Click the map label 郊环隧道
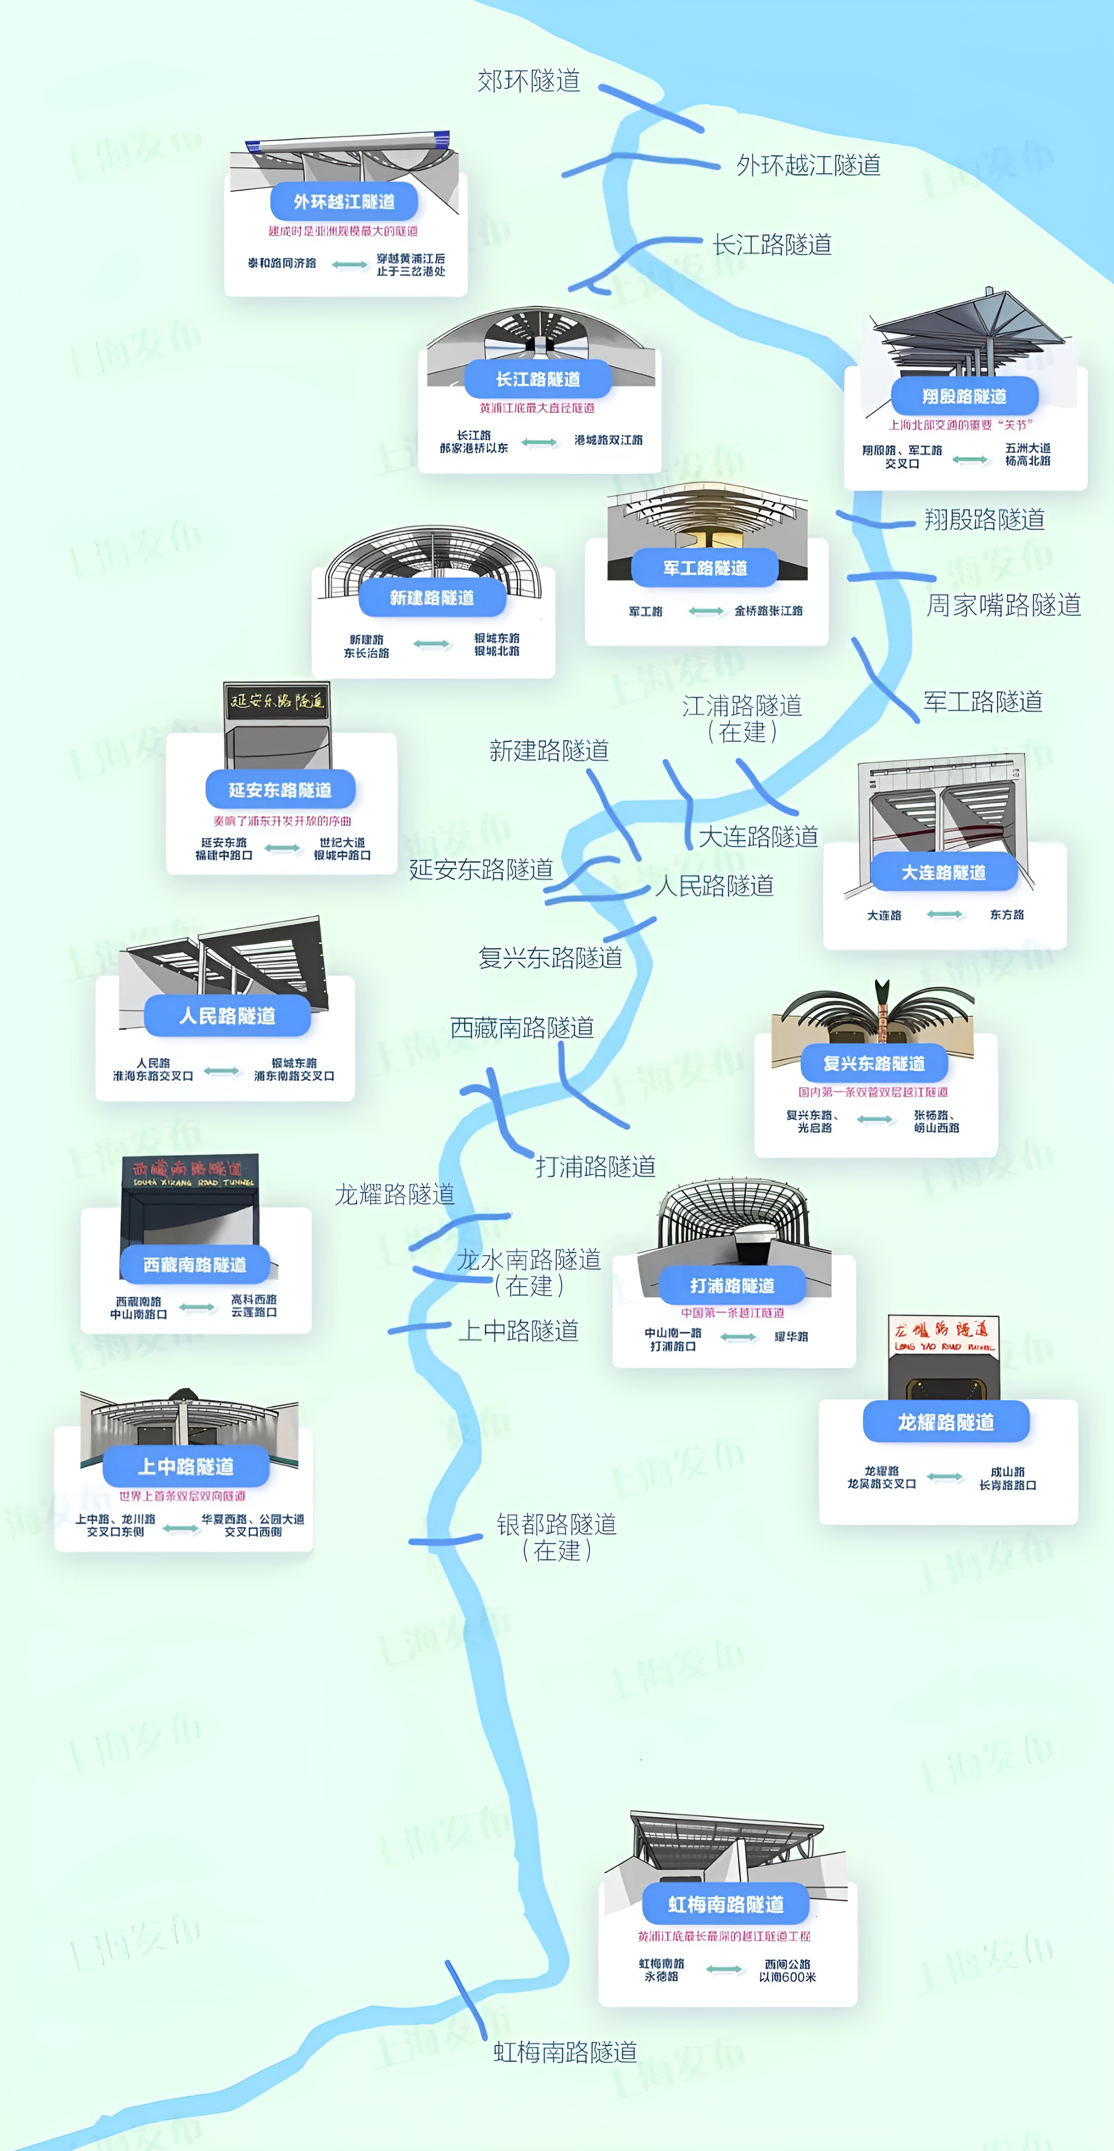coord(529,81)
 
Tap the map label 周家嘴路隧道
coord(1004,605)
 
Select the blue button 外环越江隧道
coord(344,201)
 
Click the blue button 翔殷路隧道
coord(964,396)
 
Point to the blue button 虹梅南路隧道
coord(726,1904)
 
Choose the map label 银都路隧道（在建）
coord(557,1537)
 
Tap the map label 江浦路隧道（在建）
coord(742,718)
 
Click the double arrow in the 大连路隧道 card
coord(945,915)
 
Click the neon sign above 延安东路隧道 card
coord(276,700)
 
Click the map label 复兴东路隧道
coord(550,957)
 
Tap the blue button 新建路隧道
coord(432,598)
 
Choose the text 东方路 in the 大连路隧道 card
coord(1007,915)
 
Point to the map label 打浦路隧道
coord(595,1166)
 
